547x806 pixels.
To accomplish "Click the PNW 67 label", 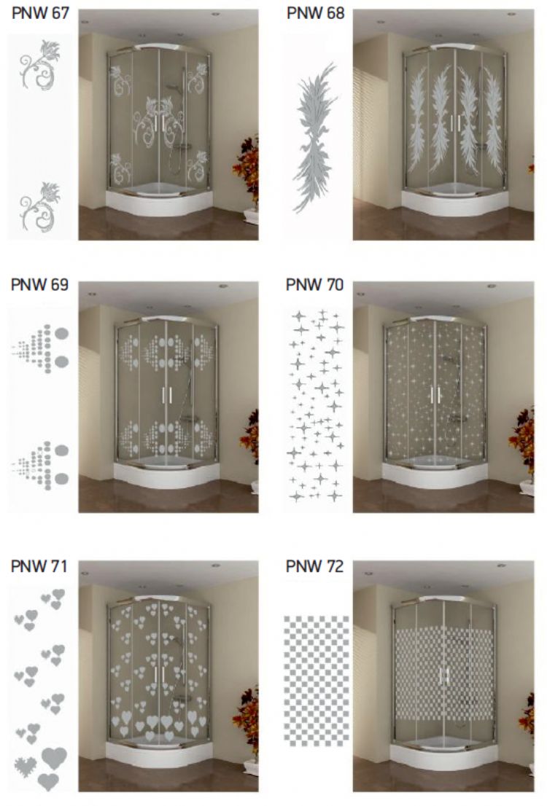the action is [x=40, y=13].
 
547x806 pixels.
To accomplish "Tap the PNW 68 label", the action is [x=315, y=13].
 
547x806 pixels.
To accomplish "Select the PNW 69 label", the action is [x=39, y=284].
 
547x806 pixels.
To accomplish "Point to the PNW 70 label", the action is [x=314, y=284].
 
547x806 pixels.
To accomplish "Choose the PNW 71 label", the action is [x=39, y=566].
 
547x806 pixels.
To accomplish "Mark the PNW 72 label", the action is [x=314, y=566].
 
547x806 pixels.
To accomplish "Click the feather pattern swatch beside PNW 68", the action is [x=314, y=138].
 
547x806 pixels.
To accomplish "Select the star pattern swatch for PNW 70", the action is [x=316, y=405].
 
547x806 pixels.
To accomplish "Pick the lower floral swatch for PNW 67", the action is [x=39, y=207].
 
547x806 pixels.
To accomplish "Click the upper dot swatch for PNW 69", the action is [x=40, y=348].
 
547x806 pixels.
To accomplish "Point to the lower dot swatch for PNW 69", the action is [x=40, y=465].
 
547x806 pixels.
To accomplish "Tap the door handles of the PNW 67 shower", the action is [x=159, y=123].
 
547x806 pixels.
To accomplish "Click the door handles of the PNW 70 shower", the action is [x=435, y=395].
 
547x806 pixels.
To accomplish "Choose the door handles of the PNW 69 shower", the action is [x=167, y=395].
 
